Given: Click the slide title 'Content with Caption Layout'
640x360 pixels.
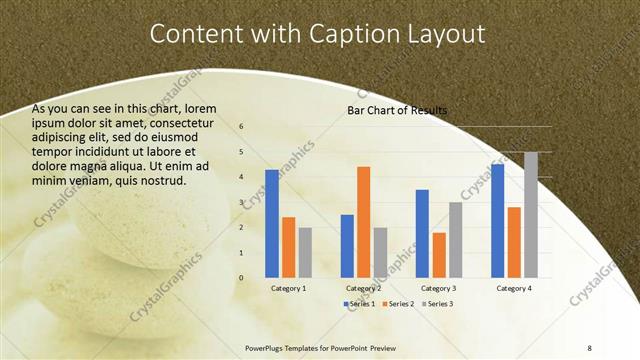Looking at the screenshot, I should [317, 33].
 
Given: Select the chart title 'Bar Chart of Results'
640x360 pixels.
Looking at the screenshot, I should [397, 109].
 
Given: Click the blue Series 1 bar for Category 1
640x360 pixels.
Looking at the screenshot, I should [272, 223].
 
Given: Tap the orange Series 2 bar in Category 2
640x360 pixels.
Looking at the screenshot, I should [363, 222].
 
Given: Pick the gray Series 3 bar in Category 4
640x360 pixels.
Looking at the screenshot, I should [530, 215].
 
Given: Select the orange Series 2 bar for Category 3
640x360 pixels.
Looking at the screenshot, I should [439, 255].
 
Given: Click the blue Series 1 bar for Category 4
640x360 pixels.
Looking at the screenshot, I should [497, 220].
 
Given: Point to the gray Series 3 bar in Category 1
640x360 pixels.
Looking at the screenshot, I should [305, 252].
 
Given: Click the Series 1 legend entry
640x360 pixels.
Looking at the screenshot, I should [361, 303].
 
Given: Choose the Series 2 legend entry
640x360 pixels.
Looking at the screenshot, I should [397, 303].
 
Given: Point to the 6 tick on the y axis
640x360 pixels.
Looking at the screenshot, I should [241, 127].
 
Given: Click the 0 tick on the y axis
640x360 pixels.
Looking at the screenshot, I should [241, 278].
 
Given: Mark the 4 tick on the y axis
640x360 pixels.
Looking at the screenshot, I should [241, 177].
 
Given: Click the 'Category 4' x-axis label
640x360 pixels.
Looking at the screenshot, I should [513, 288].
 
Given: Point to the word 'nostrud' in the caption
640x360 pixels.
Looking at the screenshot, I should [160, 180].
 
